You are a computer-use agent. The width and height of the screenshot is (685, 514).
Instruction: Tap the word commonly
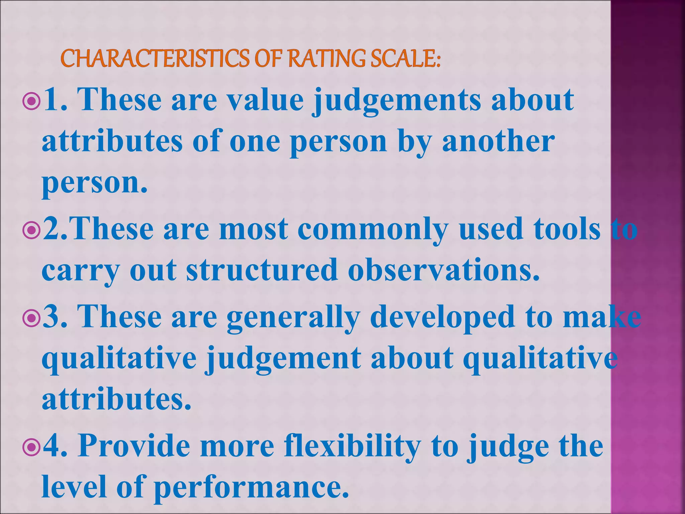(373, 230)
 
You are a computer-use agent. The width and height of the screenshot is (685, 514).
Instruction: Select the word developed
(443, 317)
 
